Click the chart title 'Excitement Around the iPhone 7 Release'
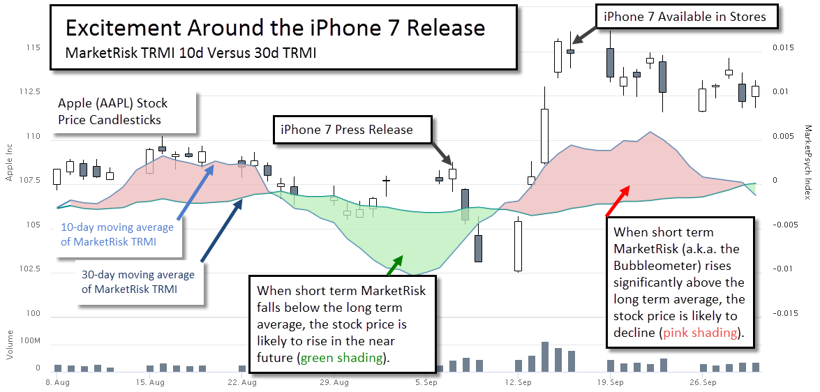pos(276,28)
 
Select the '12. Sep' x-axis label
pos(516,382)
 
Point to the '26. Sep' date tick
pos(703,382)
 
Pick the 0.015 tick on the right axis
pos(782,47)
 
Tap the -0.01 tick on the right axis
pos(782,269)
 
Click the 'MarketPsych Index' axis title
pos(809,162)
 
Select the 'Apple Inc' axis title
pos(9,164)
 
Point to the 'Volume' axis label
pos(9,345)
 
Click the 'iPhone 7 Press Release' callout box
pos(353,130)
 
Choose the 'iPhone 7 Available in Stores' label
pos(685,17)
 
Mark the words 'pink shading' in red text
pos(701,333)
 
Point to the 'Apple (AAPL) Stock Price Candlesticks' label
pos(112,111)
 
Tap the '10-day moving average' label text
pos(117,227)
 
